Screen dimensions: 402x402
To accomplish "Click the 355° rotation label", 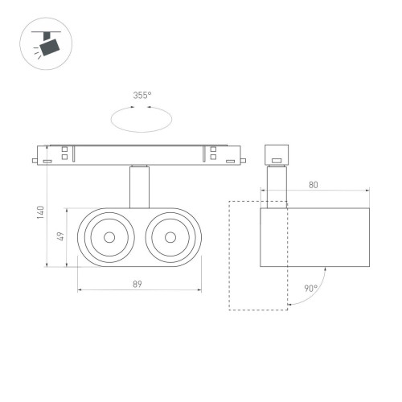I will pyautogui.click(x=142, y=96).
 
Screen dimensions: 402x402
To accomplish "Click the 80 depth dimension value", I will pyautogui.click(x=313, y=185).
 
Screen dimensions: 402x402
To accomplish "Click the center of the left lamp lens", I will pyautogui.click(x=108, y=237).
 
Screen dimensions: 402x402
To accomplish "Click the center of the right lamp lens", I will pyautogui.click(x=170, y=237).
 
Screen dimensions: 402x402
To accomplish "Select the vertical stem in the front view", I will pyautogui.click(x=138, y=187).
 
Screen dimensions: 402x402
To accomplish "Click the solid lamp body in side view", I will pyautogui.click(x=314, y=237).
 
